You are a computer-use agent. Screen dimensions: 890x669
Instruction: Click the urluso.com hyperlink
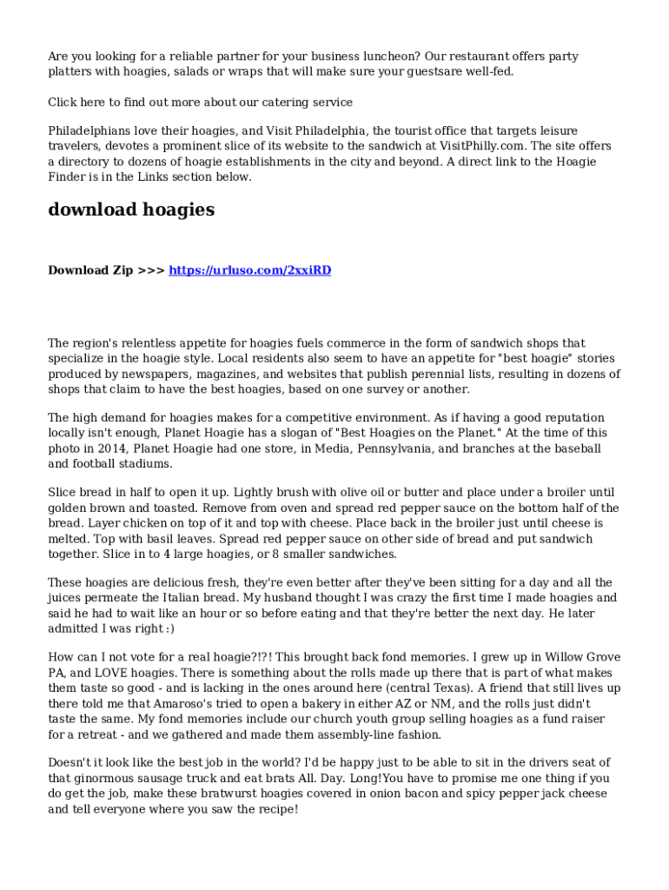pyautogui.click(x=249, y=270)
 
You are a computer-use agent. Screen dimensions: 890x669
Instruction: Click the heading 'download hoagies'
pyautogui.click(x=131, y=209)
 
